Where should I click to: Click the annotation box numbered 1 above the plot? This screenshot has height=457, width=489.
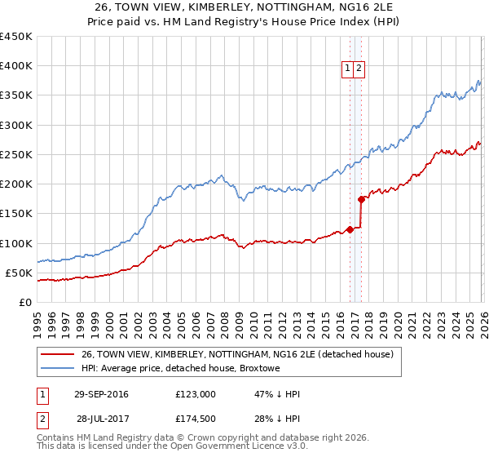point(348,69)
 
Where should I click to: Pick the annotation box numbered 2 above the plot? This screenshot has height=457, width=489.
point(359,69)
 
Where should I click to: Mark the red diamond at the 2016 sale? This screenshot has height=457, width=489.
point(350,229)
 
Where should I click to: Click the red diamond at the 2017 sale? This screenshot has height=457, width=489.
point(361,198)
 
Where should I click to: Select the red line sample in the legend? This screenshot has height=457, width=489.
point(58,354)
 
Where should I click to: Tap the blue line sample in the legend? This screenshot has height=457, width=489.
point(58,368)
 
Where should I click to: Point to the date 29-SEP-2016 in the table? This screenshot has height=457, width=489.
point(100,394)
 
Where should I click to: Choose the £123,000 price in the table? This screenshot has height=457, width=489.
point(196,394)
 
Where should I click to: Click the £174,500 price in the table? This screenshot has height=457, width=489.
point(196,419)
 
